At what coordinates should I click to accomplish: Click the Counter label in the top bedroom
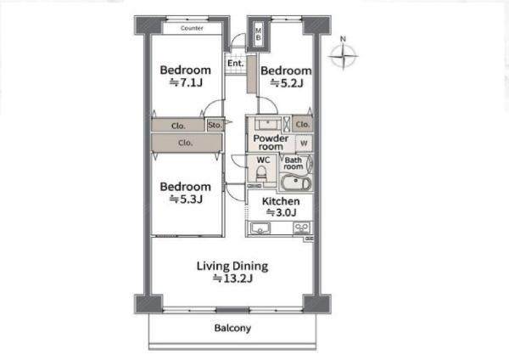(x=192, y=28)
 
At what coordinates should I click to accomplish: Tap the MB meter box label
(x=259, y=34)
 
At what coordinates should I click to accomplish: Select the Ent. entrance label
(x=235, y=63)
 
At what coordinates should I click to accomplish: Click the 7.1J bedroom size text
(x=186, y=83)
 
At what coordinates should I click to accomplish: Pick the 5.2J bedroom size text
(x=287, y=83)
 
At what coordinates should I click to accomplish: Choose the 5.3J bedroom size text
(x=186, y=199)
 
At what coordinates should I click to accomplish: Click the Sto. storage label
(x=215, y=125)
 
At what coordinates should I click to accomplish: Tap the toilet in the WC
(x=261, y=174)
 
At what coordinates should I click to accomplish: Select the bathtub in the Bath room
(x=295, y=183)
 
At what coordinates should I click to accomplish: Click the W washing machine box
(x=305, y=143)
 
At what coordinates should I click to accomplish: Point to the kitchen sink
(x=260, y=228)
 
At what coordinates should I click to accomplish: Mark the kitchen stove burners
(x=302, y=228)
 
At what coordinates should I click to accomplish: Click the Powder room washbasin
(x=268, y=124)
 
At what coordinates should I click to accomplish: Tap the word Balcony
(x=232, y=328)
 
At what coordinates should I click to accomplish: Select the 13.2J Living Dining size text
(x=232, y=278)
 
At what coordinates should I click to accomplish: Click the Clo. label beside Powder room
(x=303, y=124)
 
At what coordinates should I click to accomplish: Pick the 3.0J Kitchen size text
(x=281, y=212)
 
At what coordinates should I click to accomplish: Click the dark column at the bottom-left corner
(x=148, y=304)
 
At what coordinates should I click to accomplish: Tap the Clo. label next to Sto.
(x=178, y=126)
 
